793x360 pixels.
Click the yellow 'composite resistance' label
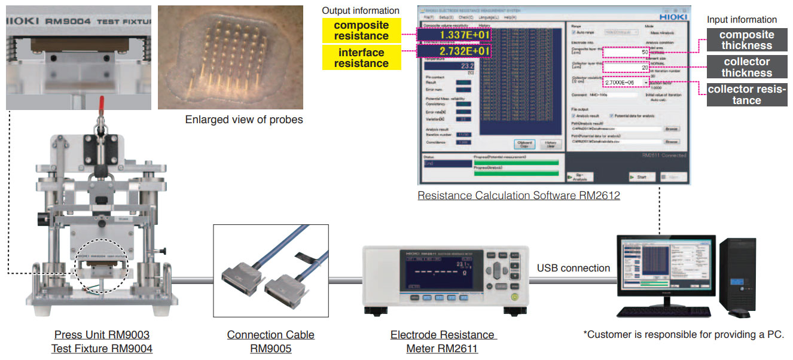(361, 30)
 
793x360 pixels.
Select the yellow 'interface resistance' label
(361, 58)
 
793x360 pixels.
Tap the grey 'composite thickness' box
(746, 40)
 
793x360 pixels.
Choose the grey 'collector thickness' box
(746, 67)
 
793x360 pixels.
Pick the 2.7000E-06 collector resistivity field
(626, 82)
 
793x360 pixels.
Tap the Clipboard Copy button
(524, 144)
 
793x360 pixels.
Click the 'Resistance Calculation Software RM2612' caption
(518, 196)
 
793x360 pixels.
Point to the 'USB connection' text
(573, 268)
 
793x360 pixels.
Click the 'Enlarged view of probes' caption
(244, 120)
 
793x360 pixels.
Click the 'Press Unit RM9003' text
(102, 334)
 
